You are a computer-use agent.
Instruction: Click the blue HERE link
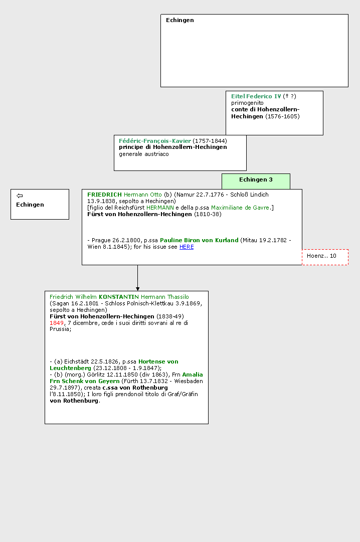tap(187, 247)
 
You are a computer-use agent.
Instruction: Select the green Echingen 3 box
tap(256, 181)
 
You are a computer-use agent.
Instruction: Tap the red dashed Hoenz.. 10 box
tap(325, 257)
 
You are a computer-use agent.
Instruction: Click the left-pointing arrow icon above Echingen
tap(20, 196)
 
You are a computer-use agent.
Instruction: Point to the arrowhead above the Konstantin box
tap(138, 289)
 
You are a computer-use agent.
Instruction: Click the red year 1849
tap(57, 323)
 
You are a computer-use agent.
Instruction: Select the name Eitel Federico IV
tap(256, 96)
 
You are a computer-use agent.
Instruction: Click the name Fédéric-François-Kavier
tap(155, 141)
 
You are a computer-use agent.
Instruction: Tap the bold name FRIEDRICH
tap(104, 195)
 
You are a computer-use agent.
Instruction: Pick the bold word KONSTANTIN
tap(119, 297)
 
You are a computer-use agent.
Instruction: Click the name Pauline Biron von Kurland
tap(199, 240)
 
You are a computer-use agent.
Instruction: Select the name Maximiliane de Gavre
tap(240, 208)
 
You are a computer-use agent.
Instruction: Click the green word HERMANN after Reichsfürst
tap(160, 208)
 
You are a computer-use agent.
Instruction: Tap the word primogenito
tap(247, 103)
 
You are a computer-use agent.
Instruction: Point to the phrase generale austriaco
tap(144, 154)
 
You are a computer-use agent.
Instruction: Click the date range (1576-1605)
tap(283, 116)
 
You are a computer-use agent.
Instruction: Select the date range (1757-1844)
tap(210, 141)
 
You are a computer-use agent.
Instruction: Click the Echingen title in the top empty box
tap(180, 20)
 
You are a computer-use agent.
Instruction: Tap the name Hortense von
tap(158, 362)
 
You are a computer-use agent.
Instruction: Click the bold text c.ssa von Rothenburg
tap(135, 388)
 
